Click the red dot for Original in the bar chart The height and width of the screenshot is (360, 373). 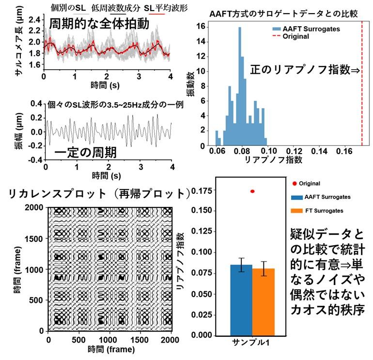coord(252,191)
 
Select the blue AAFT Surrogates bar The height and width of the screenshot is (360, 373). coord(241,300)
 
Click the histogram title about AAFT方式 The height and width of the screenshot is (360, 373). coord(283,13)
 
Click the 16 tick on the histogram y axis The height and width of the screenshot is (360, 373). coord(206,28)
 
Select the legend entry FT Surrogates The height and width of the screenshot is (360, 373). coord(324,211)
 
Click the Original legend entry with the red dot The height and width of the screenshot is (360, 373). coord(310,183)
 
